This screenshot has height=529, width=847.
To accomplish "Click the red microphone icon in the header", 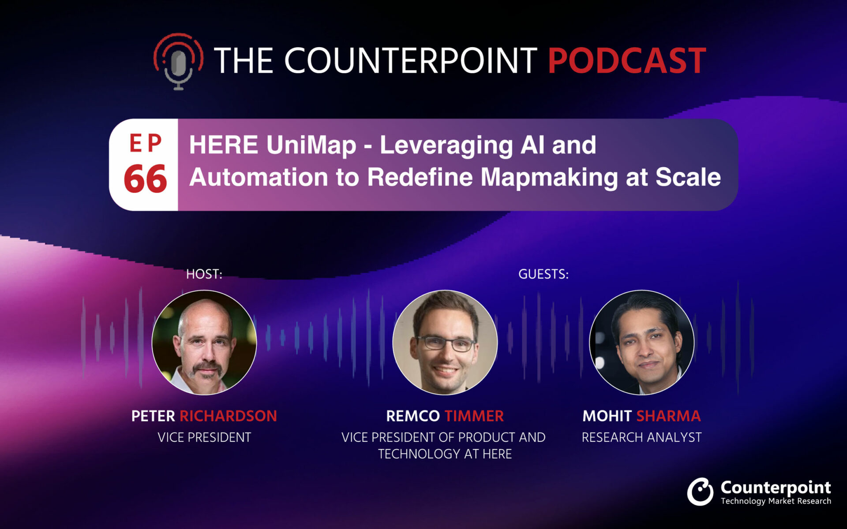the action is pyautogui.click(x=178, y=61).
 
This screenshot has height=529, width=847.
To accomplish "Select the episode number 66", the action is pyautogui.click(x=145, y=179).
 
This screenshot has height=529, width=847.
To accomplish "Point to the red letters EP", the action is pyautogui.click(x=146, y=143).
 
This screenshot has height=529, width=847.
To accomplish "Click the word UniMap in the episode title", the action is pyautogui.click(x=311, y=145).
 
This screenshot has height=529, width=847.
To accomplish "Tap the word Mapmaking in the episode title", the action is pyautogui.click(x=549, y=178).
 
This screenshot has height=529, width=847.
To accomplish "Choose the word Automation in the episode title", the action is pyautogui.click(x=259, y=177).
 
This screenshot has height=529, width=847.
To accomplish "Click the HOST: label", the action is pyautogui.click(x=204, y=274).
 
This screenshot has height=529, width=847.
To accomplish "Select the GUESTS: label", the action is pyautogui.click(x=543, y=274).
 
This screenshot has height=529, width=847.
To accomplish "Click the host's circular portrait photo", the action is pyautogui.click(x=204, y=342).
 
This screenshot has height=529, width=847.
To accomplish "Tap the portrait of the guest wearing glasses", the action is pyautogui.click(x=445, y=342).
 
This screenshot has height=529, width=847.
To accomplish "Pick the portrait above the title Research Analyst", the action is pyautogui.click(x=642, y=342).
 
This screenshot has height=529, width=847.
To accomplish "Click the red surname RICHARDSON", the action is pyautogui.click(x=228, y=416).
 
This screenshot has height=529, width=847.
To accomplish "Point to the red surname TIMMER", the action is pyautogui.click(x=474, y=416).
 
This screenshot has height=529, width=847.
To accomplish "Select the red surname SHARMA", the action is pyautogui.click(x=668, y=416).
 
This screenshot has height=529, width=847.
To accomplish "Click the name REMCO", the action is pyautogui.click(x=413, y=416).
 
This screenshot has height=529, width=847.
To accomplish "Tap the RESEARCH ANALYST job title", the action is pyautogui.click(x=641, y=437).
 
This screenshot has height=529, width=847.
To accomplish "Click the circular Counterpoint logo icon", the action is pyautogui.click(x=700, y=492).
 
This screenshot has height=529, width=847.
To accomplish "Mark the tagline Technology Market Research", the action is pyautogui.click(x=776, y=501).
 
